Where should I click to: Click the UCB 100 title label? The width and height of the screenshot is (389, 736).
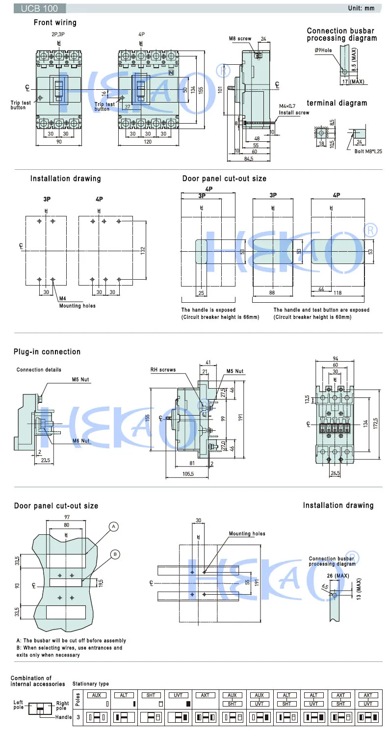coord(33,8)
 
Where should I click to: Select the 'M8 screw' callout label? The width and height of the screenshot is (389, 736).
coord(240,39)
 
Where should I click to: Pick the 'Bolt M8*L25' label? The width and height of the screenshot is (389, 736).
coord(368,151)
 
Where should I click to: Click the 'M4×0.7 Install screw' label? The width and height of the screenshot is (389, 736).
coord(294,109)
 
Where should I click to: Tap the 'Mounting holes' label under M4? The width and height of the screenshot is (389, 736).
coord(78,306)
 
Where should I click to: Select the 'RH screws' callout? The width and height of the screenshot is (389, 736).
coord(163,370)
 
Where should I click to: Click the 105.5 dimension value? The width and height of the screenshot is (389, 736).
coord(188,473)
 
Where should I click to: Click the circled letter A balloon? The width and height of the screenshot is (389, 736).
coord(113,526)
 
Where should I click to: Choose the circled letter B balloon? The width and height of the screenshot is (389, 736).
coord(114,554)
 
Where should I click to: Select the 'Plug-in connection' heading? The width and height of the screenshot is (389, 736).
coord(47,352)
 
